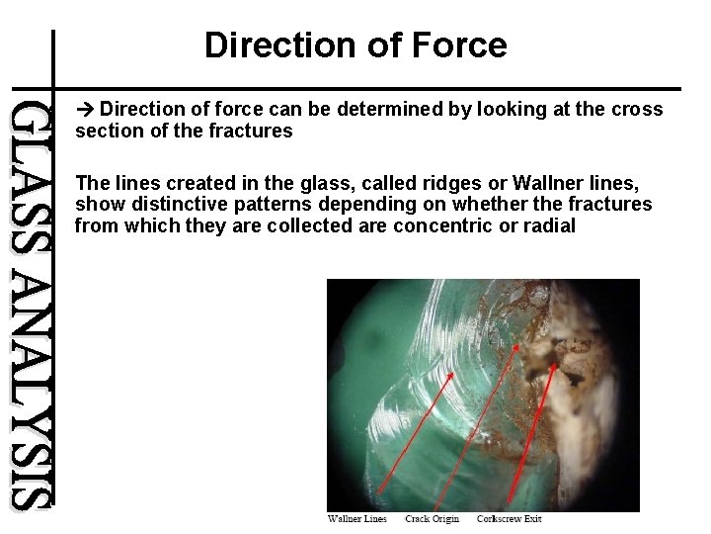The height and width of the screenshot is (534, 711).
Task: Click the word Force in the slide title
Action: tap(461, 45)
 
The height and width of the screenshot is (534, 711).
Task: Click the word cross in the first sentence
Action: tap(638, 109)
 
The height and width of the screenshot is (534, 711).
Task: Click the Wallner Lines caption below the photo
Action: tap(356, 519)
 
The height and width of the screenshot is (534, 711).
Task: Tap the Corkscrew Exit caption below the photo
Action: tap(509, 519)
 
